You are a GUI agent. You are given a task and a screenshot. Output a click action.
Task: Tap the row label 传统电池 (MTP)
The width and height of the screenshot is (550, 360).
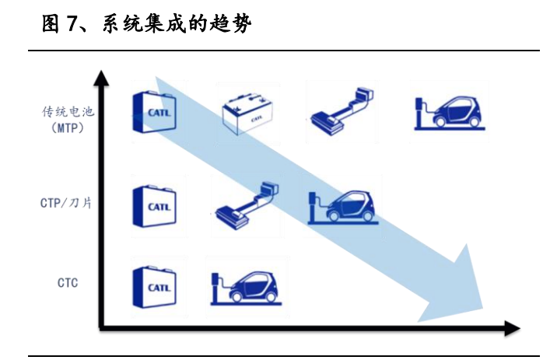[x=68, y=118]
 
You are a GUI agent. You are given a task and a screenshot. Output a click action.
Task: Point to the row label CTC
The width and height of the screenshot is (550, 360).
[x=68, y=283]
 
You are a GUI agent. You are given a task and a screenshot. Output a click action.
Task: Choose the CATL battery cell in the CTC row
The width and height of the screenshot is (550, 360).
[x=156, y=288]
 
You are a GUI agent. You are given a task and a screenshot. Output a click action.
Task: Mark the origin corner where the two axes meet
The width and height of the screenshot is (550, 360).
[x=100, y=328]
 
